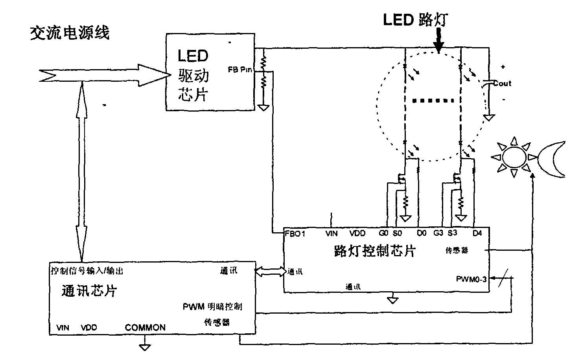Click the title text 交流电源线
[70, 34]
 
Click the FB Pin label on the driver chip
[239, 70]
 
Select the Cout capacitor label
[502, 83]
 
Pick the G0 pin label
[384, 233]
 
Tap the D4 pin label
[477, 233]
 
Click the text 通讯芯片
[90, 291]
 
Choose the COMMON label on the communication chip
[145, 327]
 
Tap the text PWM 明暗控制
[212, 307]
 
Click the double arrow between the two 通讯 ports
[271, 271]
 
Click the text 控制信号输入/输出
[87, 271]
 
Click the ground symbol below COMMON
[145, 347]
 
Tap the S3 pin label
[452, 233]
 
